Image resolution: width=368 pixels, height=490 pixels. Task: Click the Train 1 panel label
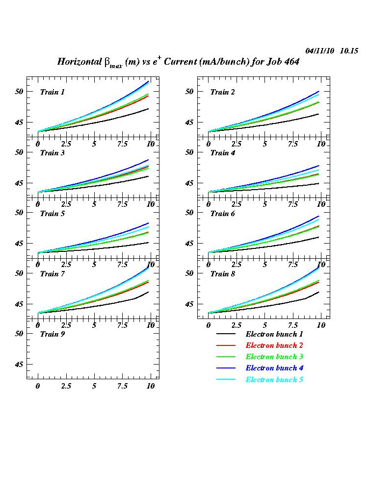[52, 92]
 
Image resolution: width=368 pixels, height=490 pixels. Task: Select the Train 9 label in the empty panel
[52, 334]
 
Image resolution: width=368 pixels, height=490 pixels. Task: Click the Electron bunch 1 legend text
[278, 334]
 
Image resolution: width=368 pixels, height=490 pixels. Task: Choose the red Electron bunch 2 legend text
[278, 345]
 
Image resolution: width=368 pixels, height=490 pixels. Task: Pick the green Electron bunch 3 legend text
[278, 357]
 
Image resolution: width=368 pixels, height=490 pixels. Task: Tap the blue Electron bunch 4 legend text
[278, 368]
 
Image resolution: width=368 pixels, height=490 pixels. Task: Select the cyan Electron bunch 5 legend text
[278, 380]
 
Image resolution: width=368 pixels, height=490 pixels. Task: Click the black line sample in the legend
[226, 334]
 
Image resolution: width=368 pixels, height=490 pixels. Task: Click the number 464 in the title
[290, 62]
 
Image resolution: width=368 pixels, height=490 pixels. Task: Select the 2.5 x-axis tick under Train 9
[66, 386]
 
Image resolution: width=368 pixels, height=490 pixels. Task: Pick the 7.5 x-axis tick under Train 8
[293, 325]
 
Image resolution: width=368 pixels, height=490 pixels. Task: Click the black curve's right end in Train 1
[148, 109]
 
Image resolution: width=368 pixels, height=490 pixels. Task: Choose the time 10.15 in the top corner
[349, 51]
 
